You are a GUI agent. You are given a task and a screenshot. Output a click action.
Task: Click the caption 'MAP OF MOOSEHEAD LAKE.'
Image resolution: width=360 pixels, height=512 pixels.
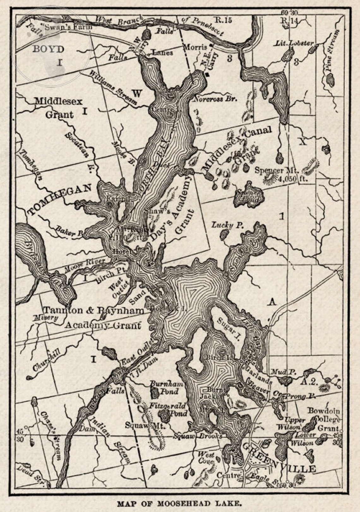point(179,503)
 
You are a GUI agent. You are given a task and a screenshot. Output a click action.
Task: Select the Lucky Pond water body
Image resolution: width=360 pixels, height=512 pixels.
point(225,234)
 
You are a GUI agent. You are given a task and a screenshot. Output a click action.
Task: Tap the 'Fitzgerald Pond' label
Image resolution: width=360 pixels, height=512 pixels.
point(168,409)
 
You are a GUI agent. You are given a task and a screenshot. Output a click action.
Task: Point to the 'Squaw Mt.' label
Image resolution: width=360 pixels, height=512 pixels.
point(145,425)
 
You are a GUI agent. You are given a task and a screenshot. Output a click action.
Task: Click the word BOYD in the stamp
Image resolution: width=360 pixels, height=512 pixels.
point(48,49)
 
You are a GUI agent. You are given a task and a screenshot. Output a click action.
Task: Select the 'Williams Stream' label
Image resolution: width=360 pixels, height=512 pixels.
point(113,88)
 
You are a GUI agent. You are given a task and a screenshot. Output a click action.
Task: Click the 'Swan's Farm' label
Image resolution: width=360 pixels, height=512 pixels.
point(68,27)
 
